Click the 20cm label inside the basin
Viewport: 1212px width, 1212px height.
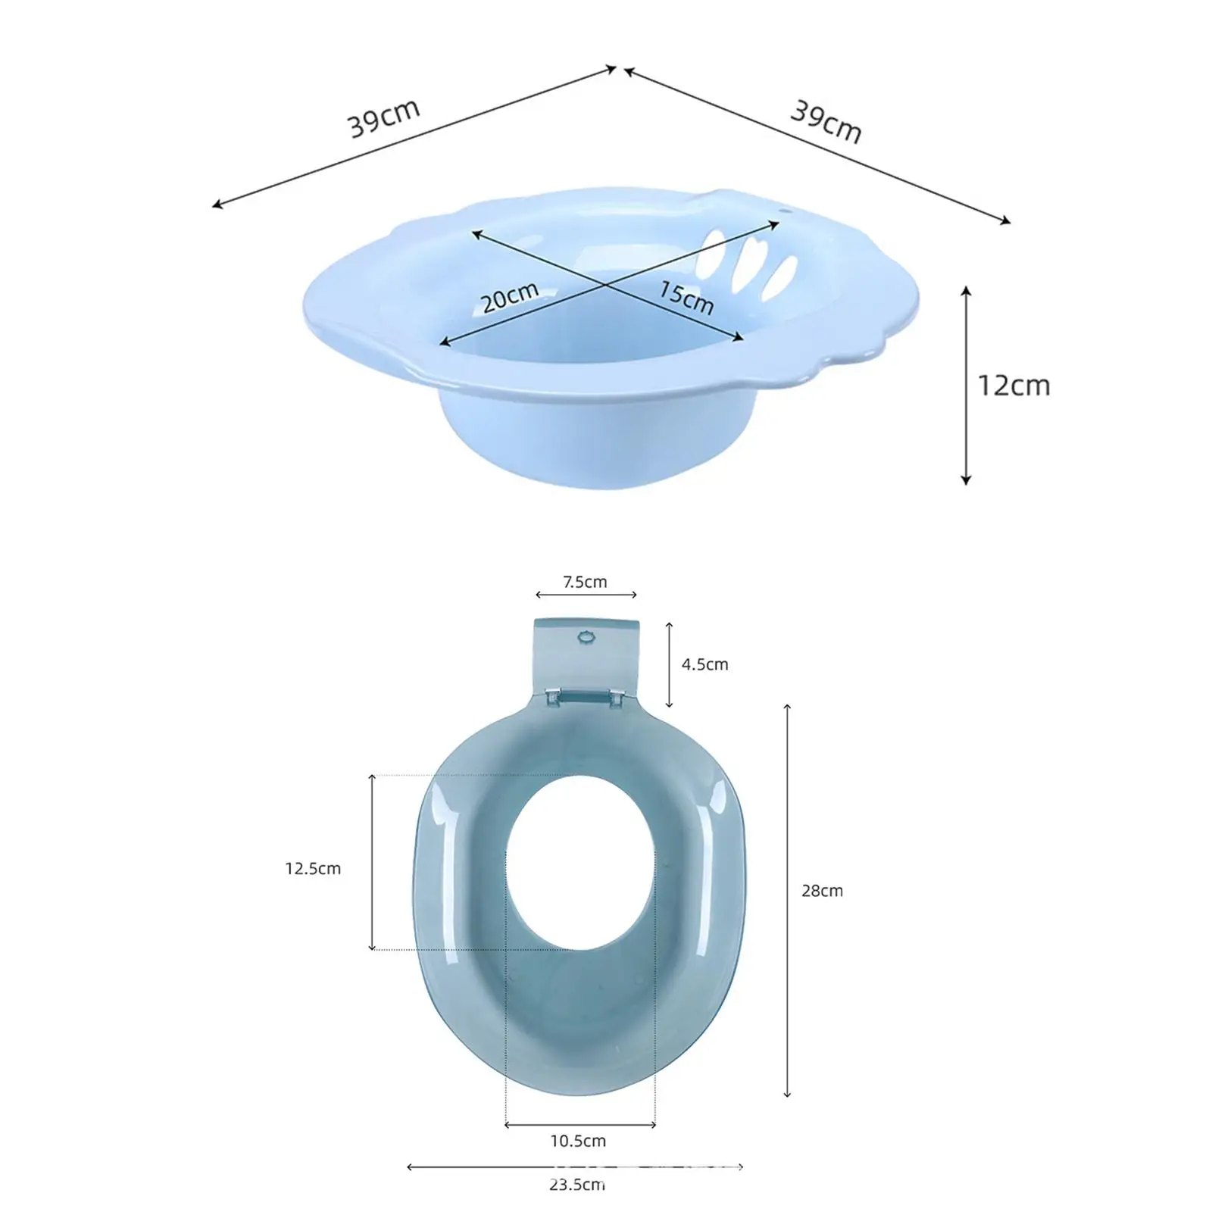point(511,297)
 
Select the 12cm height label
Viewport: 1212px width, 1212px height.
point(1014,386)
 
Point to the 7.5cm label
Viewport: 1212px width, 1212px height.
point(585,582)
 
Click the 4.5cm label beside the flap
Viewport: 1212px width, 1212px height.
point(704,664)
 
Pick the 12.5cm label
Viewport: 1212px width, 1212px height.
point(313,869)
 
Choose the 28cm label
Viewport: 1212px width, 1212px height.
point(822,891)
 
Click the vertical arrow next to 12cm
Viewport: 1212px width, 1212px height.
point(966,386)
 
